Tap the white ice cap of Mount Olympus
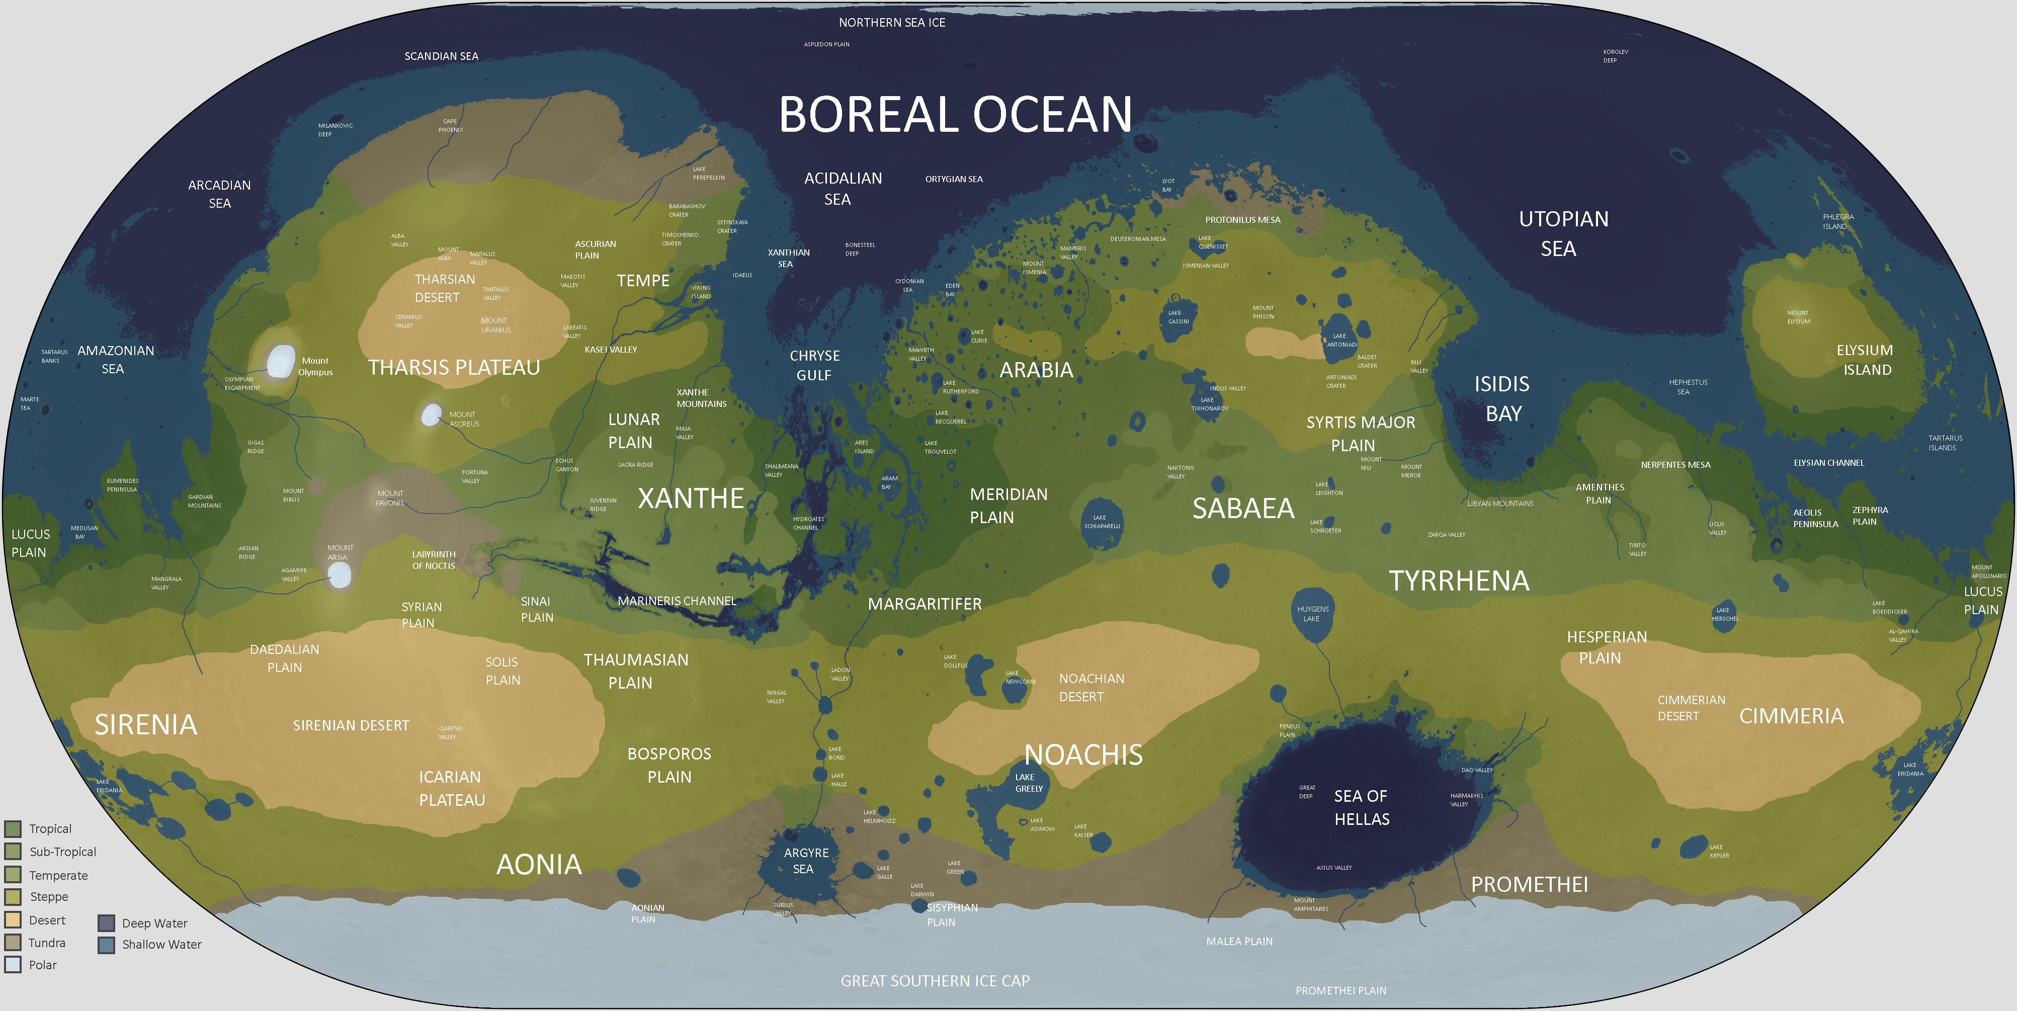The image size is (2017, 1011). [280, 361]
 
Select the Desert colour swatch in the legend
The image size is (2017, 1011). [13, 919]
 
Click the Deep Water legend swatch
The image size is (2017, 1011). [107, 922]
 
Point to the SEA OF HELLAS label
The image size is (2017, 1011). [1361, 807]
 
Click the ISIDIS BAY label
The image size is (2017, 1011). [1502, 398]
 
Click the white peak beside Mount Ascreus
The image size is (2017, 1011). [431, 415]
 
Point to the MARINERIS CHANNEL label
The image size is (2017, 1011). [677, 601]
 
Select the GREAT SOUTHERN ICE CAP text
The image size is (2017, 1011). [935, 980]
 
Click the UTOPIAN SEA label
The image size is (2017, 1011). [1562, 233]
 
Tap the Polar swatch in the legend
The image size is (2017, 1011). [13, 964]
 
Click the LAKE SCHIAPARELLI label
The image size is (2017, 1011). [1102, 522]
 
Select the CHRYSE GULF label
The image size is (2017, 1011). [814, 365]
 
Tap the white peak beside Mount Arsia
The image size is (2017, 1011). [340, 575]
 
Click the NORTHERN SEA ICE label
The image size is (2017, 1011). [892, 23]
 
